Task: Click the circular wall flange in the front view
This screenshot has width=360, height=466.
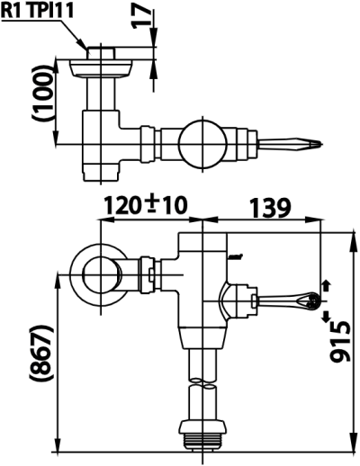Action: pos(94,269)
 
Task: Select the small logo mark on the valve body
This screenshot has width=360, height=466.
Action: pos(235,255)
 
